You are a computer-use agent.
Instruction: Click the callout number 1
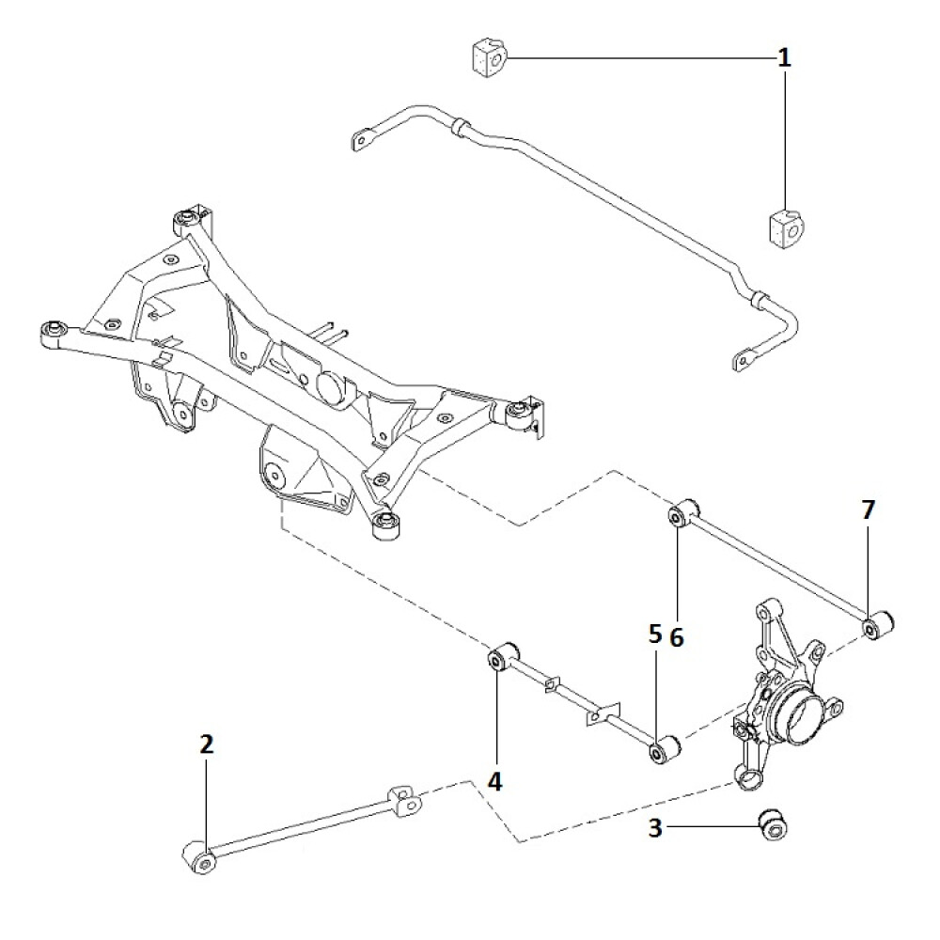pos(783,58)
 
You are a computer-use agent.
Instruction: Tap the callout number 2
pos(207,745)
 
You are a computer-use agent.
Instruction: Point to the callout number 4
pos(496,780)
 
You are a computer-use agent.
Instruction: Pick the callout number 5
pos(655,636)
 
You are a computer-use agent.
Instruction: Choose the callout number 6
pos(677,637)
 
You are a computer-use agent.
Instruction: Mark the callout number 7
pos(867,510)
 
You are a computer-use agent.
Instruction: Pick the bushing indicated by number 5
pos(663,750)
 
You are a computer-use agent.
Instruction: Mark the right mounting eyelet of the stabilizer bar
pos(745,358)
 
